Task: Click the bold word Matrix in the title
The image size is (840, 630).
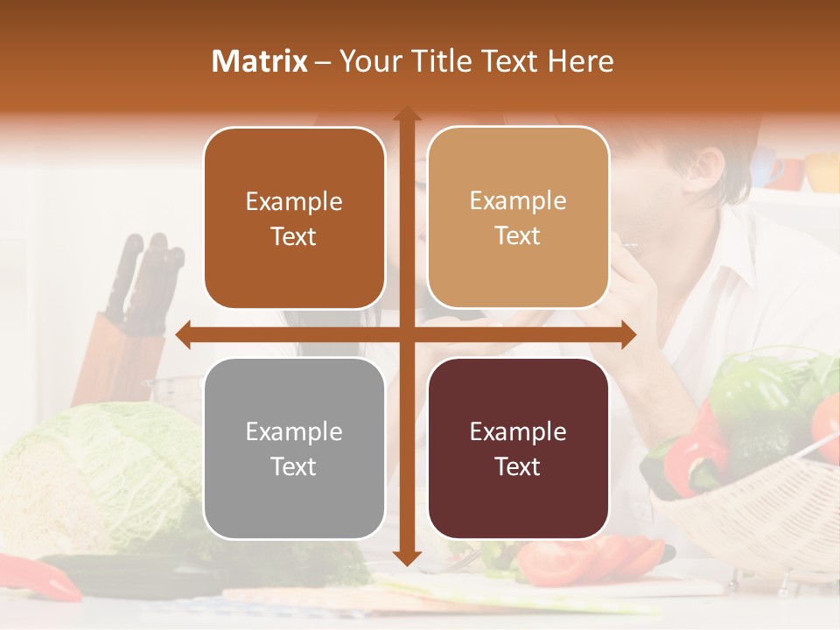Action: pyautogui.click(x=260, y=61)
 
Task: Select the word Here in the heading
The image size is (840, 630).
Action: pyautogui.click(x=581, y=61)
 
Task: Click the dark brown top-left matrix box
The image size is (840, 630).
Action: pyautogui.click(x=294, y=218)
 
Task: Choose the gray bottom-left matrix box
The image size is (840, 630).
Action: pyautogui.click(x=294, y=448)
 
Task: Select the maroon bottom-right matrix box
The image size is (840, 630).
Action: pyautogui.click(x=518, y=448)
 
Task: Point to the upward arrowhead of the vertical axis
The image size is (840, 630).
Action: pyautogui.click(x=406, y=115)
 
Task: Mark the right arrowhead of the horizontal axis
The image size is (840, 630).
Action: pyautogui.click(x=627, y=333)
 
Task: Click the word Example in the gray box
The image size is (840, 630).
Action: pyautogui.click(x=294, y=431)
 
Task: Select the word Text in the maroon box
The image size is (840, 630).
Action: pyautogui.click(x=518, y=466)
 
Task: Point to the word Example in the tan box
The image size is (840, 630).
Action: pyautogui.click(x=518, y=200)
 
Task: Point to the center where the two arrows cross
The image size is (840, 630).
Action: pyautogui.click(x=406, y=333)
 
